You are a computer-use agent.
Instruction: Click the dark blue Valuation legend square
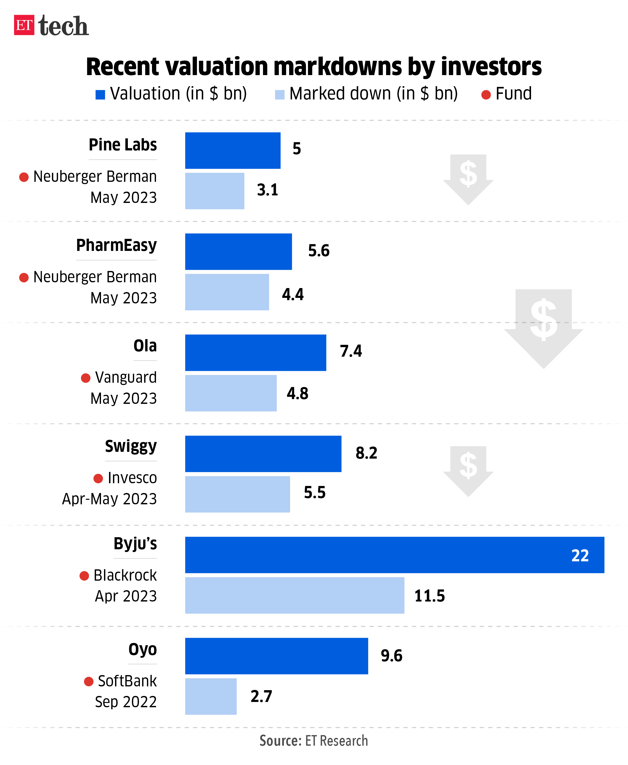pyautogui.click(x=100, y=94)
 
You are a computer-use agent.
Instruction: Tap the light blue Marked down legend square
pyautogui.click(x=280, y=94)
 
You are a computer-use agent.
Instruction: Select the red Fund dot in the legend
pyautogui.click(x=486, y=95)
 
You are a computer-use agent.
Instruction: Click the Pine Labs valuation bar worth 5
pyautogui.click(x=233, y=150)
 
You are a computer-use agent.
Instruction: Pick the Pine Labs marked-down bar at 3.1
pyautogui.click(x=215, y=191)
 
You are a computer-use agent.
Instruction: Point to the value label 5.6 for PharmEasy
pyautogui.click(x=319, y=251)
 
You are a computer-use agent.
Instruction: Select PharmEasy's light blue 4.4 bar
pyautogui.click(x=227, y=292)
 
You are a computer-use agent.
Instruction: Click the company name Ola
pyautogui.click(x=145, y=346)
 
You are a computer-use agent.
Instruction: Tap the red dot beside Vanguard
pyautogui.click(x=86, y=378)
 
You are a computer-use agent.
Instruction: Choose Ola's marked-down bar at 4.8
pyautogui.click(x=231, y=393)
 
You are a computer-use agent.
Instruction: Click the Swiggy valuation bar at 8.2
pyautogui.click(x=263, y=454)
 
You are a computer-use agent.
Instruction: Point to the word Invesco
pyautogui.click(x=132, y=478)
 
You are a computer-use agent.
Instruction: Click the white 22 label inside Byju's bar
pyautogui.click(x=580, y=555)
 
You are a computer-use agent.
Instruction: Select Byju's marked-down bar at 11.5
pyautogui.click(x=294, y=595)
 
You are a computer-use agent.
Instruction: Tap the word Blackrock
pyautogui.click(x=125, y=575)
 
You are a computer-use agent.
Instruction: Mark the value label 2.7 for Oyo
pyautogui.click(x=261, y=696)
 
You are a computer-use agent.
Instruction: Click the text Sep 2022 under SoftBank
pyautogui.click(x=126, y=702)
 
